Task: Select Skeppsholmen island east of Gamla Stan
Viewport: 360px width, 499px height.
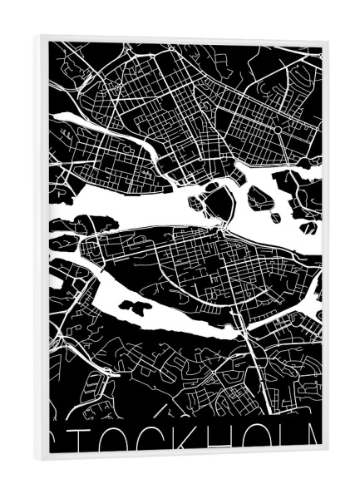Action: point(261,197)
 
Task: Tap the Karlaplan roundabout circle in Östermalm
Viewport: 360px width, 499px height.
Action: point(277,130)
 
